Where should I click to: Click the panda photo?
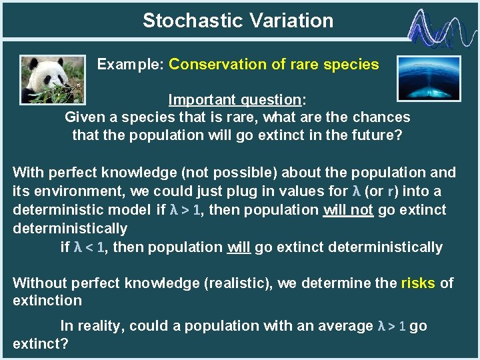tap(52, 79)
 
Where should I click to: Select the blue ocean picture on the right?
tap(429, 79)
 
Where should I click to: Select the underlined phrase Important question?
tap(235, 100)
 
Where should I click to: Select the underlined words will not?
tap(349, 210)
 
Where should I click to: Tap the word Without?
tap(39, 283)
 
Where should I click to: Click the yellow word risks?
tap(418, 283)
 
